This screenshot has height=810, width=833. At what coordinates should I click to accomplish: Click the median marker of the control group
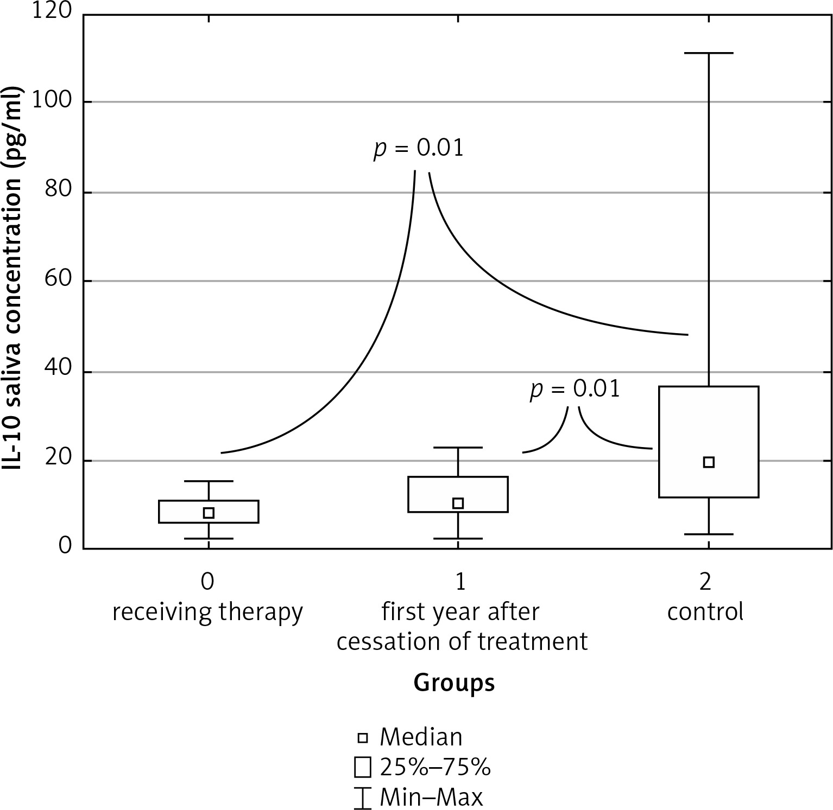(708, 462)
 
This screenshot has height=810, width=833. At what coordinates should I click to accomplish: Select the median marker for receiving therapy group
(209, 513)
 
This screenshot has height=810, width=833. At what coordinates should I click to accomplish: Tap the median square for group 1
(458, 503)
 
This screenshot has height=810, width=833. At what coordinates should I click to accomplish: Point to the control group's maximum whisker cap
(708, 53)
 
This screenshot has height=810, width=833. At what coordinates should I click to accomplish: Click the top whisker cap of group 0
(209, 481)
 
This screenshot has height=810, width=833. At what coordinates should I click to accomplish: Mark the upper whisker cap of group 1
(458, 448)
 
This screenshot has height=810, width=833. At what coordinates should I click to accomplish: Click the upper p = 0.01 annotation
(419, 148)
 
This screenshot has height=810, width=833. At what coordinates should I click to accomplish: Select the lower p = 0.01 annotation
(575, 390)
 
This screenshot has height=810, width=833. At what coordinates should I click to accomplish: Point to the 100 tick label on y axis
(52, 101)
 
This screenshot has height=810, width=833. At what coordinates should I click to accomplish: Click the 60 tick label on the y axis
(57, 280)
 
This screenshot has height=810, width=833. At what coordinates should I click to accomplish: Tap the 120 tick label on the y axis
(52, 12)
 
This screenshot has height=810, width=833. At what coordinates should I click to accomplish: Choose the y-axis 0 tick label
(65, 545)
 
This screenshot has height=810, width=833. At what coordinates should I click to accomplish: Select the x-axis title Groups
(454, 683)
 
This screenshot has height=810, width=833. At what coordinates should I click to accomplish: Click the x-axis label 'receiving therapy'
(207, 612)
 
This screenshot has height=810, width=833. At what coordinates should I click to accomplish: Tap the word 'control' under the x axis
(705, 612)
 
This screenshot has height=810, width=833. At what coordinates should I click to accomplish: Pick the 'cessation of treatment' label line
(462, 641)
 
